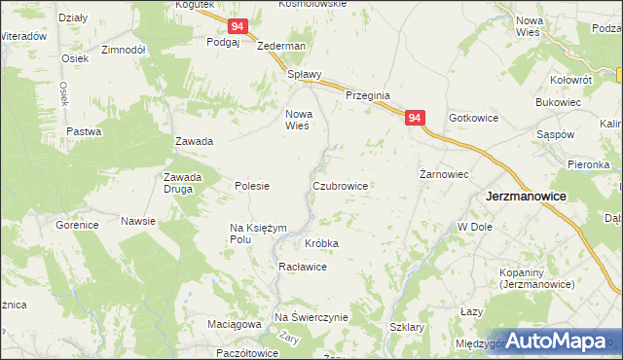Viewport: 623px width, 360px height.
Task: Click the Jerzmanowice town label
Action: (526, 196)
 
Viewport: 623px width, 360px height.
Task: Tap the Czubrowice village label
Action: (340, 185)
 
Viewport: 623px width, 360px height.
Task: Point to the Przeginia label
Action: (368, 95)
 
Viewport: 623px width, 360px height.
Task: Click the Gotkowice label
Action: (474, 118)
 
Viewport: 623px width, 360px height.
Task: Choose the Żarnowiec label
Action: (445, 174)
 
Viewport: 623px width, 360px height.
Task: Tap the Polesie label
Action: (252, 186)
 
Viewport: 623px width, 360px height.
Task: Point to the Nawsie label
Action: (138, 221)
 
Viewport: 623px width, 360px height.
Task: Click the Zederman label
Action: (281, 46)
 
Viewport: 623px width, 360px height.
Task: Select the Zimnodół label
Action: (124, 49)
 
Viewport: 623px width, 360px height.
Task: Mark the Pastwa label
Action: (84, 131)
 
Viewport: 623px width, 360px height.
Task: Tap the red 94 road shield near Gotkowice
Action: (415, 118)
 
